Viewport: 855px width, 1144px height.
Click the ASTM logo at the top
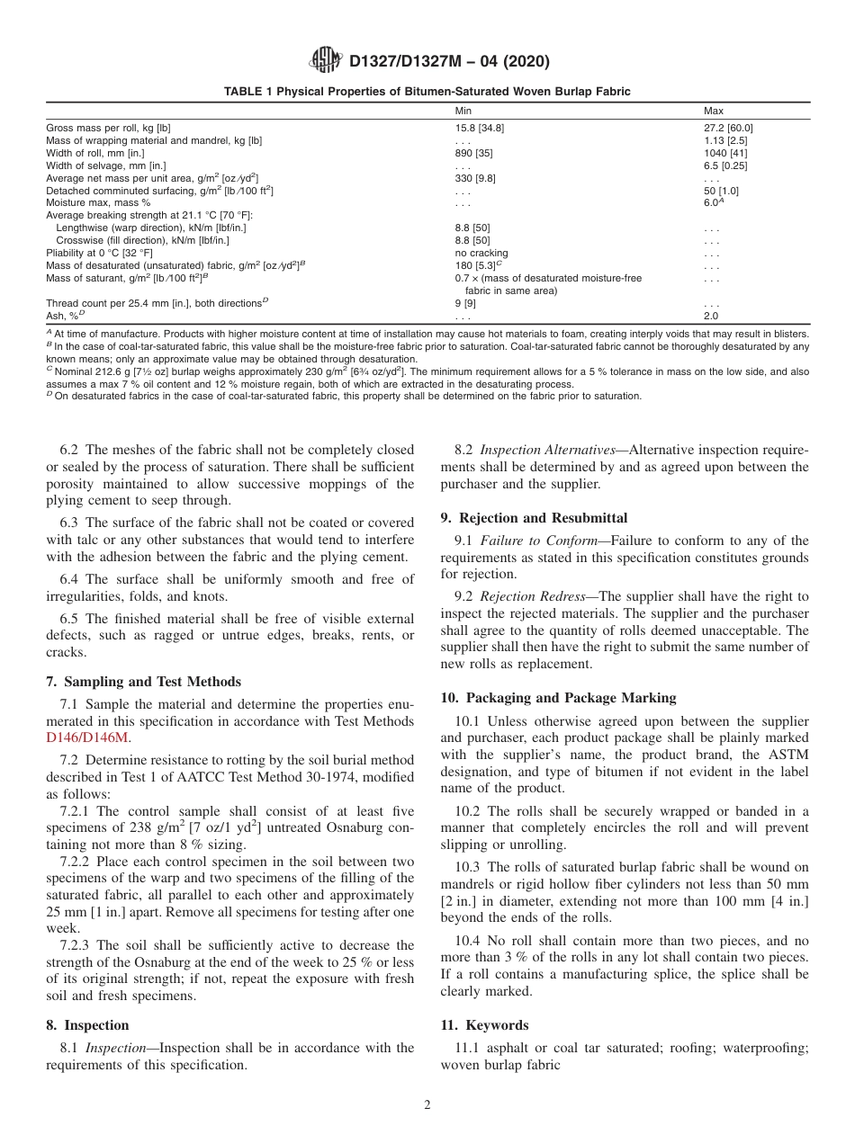325,60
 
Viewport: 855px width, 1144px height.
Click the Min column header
463,111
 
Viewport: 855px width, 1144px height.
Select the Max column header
713,111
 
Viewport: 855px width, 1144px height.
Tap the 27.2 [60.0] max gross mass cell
728,128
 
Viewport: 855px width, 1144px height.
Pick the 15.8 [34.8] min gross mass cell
480,128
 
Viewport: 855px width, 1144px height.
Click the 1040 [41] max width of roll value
725,153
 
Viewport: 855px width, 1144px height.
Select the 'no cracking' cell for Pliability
481,253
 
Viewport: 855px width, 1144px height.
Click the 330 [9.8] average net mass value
475,178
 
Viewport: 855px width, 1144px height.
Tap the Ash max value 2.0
711,316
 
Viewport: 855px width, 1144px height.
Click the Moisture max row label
98,203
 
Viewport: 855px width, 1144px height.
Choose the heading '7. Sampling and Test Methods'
143,681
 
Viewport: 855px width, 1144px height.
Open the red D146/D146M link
88,738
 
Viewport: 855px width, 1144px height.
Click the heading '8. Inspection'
87,1025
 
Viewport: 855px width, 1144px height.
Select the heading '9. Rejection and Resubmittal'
534,518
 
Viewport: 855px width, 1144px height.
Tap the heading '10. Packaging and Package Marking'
558,698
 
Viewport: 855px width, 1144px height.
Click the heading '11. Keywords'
484,1025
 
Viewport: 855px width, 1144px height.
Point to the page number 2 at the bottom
427,1105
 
